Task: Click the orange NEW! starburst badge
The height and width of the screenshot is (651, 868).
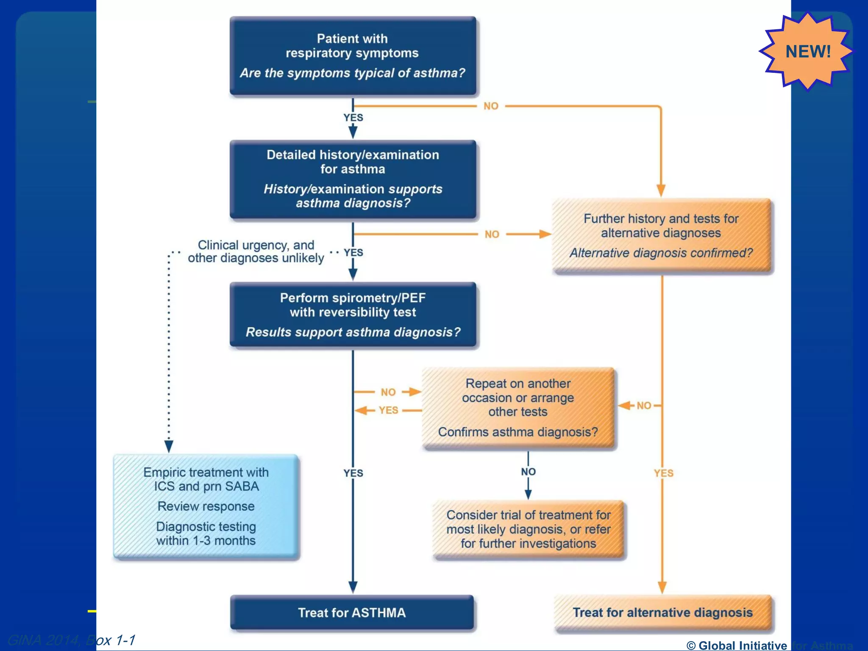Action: pos(807,52)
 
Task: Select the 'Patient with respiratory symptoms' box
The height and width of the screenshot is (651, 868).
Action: pos(353,56)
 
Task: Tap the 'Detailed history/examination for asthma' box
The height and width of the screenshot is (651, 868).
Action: pos(353,179)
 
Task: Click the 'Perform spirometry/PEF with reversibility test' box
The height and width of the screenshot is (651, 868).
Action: pos(353,315)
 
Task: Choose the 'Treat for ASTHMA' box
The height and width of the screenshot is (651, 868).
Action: pos(352,612)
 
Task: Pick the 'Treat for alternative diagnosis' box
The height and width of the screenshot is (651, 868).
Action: pos(662,613)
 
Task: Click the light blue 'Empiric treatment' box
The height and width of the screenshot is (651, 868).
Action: pos(206,506)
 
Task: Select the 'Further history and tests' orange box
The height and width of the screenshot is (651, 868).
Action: pos(661,236)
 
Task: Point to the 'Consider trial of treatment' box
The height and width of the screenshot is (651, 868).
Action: pos(528,529)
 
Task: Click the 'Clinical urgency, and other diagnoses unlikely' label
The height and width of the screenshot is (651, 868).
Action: pos(256,251)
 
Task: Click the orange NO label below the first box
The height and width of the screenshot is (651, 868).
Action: pos(491,106)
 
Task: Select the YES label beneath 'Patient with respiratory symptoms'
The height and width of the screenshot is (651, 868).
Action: pos(353,117)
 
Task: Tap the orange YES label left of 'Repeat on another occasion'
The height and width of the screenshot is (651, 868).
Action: pos(388,410)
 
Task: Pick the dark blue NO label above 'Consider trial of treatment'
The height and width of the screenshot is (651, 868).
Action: pos(528,472)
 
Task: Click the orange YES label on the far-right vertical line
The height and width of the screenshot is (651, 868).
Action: pos(663,473)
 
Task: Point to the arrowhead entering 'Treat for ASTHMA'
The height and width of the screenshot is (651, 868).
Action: pos(353,587)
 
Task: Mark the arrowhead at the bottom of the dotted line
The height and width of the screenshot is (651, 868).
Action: pos(169,446)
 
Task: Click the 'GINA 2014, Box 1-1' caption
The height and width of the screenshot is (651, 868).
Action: pos(71,640)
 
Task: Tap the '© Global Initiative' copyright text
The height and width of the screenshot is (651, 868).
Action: pos(737,645)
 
